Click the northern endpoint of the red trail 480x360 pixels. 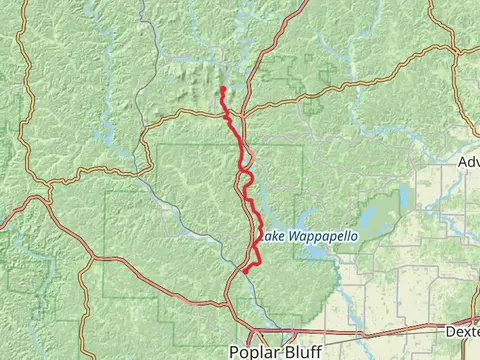click(221, 89)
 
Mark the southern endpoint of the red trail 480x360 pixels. click(244, 271)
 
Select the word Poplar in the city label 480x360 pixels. click(254, 351)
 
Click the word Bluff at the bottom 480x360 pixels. click(301, 351)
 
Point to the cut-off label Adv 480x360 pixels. click(467, 161)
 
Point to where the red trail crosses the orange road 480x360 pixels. click(228, 117)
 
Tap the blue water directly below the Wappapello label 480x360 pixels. click(311, 252)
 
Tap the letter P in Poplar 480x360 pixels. click(234, 351)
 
